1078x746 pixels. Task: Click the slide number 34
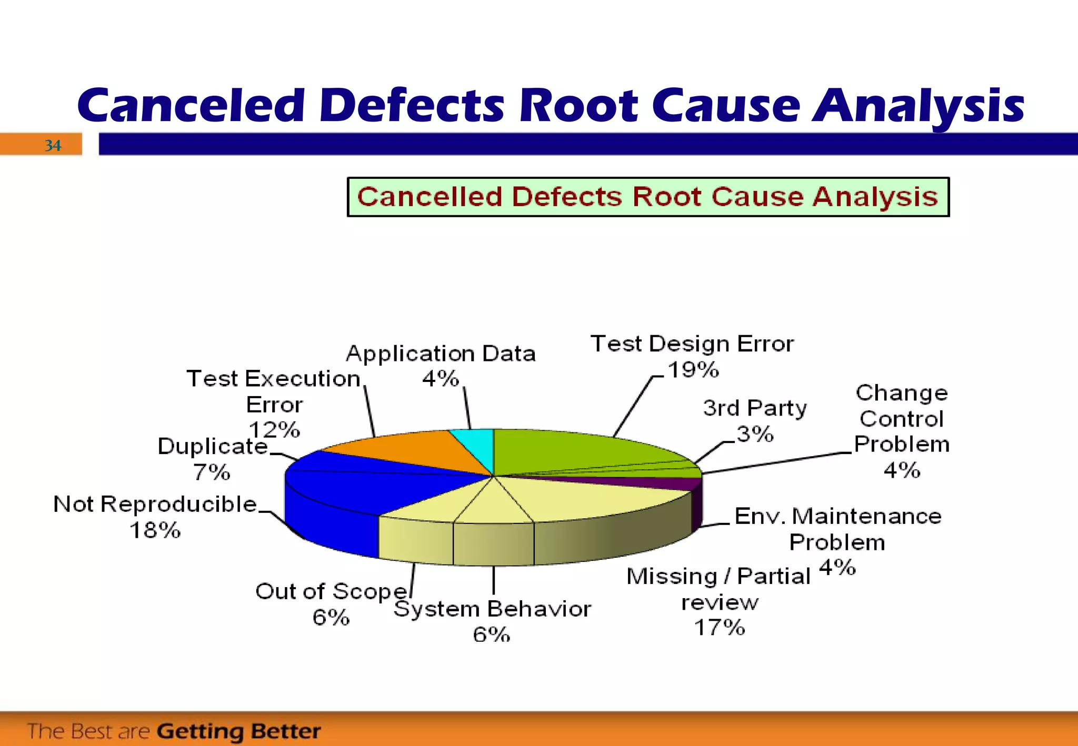click(53, 145)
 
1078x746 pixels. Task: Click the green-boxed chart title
click(647, 197)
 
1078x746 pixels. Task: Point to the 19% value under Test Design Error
click(693, 370)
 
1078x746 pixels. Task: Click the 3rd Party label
click(754, 408)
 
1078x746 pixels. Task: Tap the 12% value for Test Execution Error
click(274, 430)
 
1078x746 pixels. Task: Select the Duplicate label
click(213, 446)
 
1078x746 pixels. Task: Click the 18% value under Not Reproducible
click(155, 530)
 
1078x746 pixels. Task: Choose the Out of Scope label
click(332, 591)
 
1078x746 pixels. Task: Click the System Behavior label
click(492, 609)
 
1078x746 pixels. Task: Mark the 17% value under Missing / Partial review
click(720, 628)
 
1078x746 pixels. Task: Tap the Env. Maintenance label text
click(837, 516)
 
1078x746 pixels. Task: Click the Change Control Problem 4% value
click(902, 470)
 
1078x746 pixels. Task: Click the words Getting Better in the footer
click(238, 731)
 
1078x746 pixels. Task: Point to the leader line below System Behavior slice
click(493, 580)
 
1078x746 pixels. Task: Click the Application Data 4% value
click(441, 378)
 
